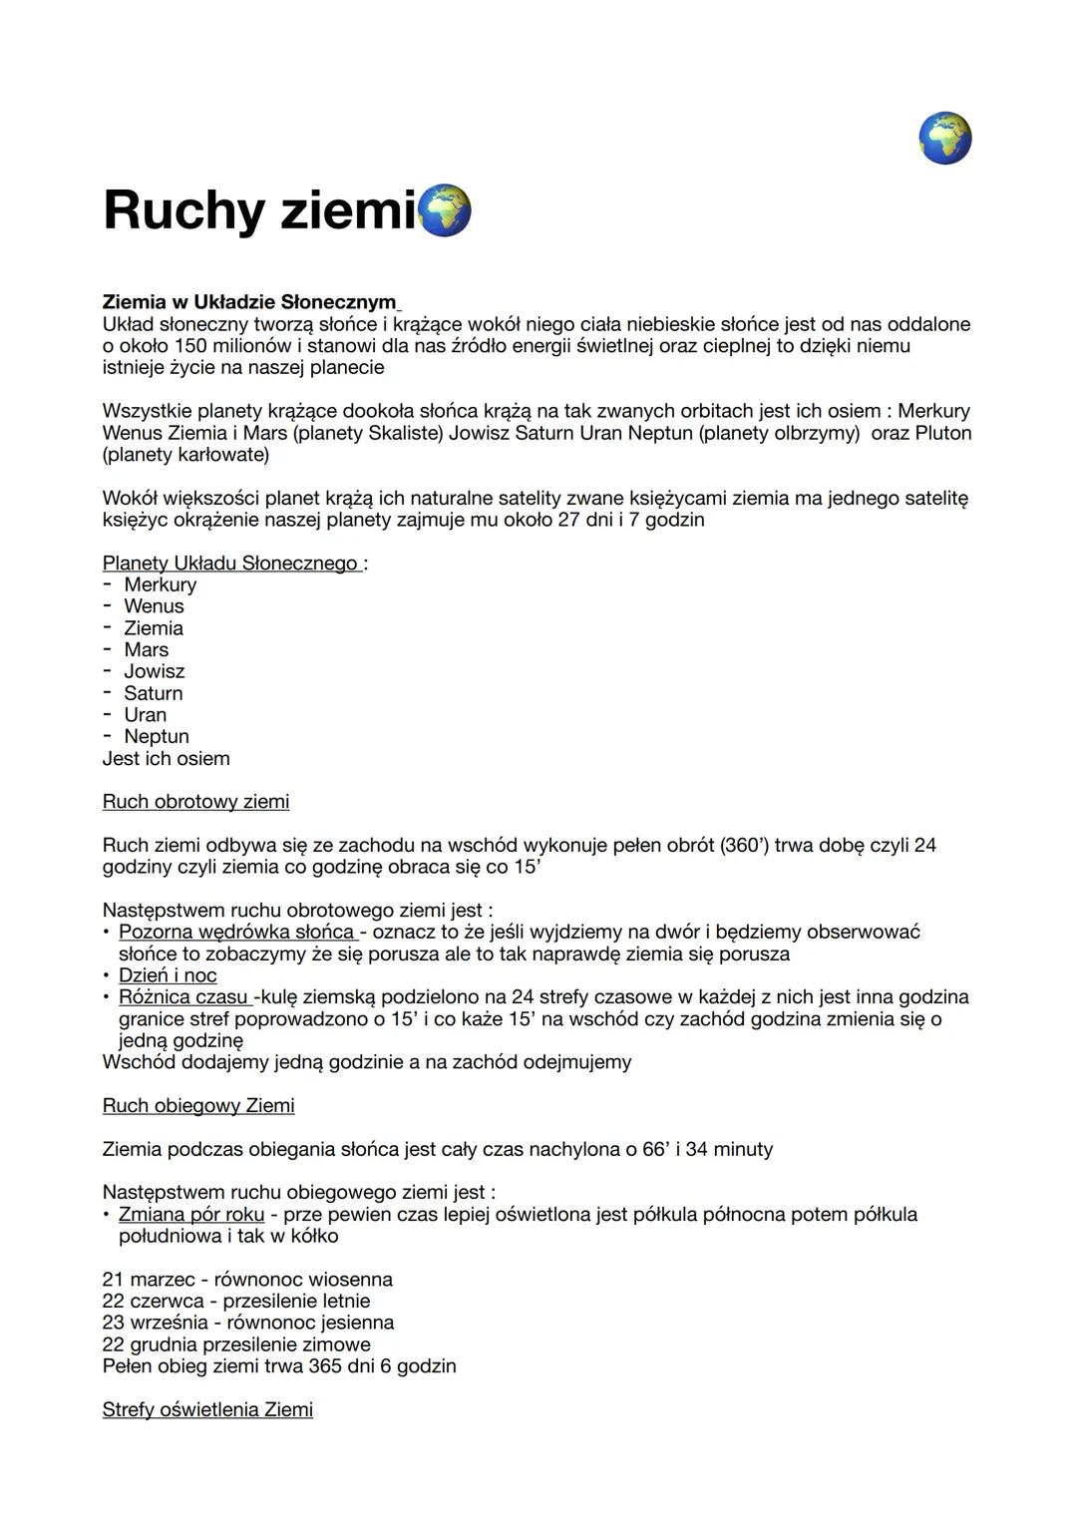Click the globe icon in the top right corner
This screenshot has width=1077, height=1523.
pos(944,138)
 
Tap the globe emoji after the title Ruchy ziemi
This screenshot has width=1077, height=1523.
pos(445,210)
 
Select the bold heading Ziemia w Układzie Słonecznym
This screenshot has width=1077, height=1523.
pos(249,301)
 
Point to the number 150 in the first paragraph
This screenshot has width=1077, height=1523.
pos(190,346)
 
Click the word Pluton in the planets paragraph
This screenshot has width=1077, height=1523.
pos(938,433)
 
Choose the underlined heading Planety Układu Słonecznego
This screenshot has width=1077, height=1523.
pos(231,564)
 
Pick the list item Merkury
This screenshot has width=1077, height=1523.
pos(161,584)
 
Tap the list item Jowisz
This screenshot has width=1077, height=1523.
pos(155,671)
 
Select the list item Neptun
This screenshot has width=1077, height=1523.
pos(157,736)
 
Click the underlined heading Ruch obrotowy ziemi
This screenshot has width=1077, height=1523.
pos(195,802)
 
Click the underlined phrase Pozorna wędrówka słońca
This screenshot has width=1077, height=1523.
pos(236,933)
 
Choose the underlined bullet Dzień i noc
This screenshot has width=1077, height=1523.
pos(168,975)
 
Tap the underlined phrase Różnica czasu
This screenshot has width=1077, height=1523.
pos(183,997)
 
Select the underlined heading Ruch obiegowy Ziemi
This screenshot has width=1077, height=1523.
pos(198,1106)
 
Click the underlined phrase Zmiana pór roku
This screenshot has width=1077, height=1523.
pos(191,1215)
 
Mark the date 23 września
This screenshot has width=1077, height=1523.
pos(155,1323)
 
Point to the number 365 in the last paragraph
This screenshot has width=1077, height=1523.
pos(325,1366)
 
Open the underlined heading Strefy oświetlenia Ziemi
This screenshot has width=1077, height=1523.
pos(207,1410)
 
